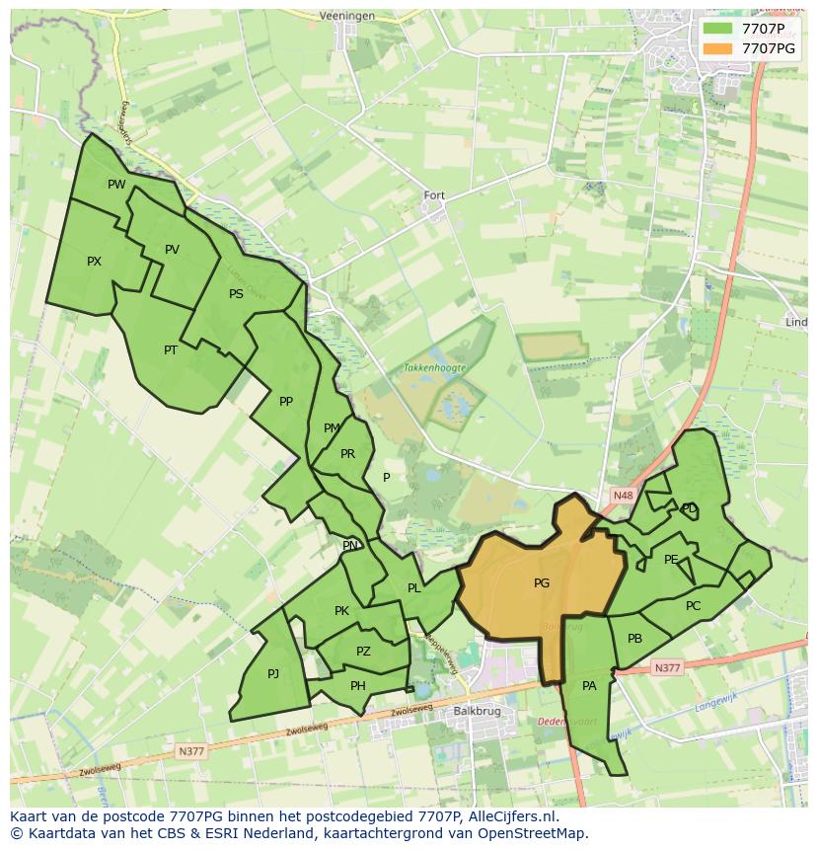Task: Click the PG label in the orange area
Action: pos(541,583)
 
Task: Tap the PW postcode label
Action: pos(116,185)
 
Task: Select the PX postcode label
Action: pos(94,262)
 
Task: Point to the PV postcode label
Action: pos(172,250)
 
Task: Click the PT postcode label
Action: pos(171,349)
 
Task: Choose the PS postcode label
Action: pos(236,294)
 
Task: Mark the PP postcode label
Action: pos(286,402)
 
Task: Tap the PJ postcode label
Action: pos(273,674)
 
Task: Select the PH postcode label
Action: pos(358,686)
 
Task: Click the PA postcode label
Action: pos(589,685)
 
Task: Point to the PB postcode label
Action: pos(634,639)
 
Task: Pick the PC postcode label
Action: pos(693,606)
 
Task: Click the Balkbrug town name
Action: pos(472,711)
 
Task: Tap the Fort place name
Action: pos(434,195)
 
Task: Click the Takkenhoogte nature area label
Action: pos(434,367)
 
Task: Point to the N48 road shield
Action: pos(623,496)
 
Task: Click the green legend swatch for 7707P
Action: pos(717,28)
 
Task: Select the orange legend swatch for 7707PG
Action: pos(717,47)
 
